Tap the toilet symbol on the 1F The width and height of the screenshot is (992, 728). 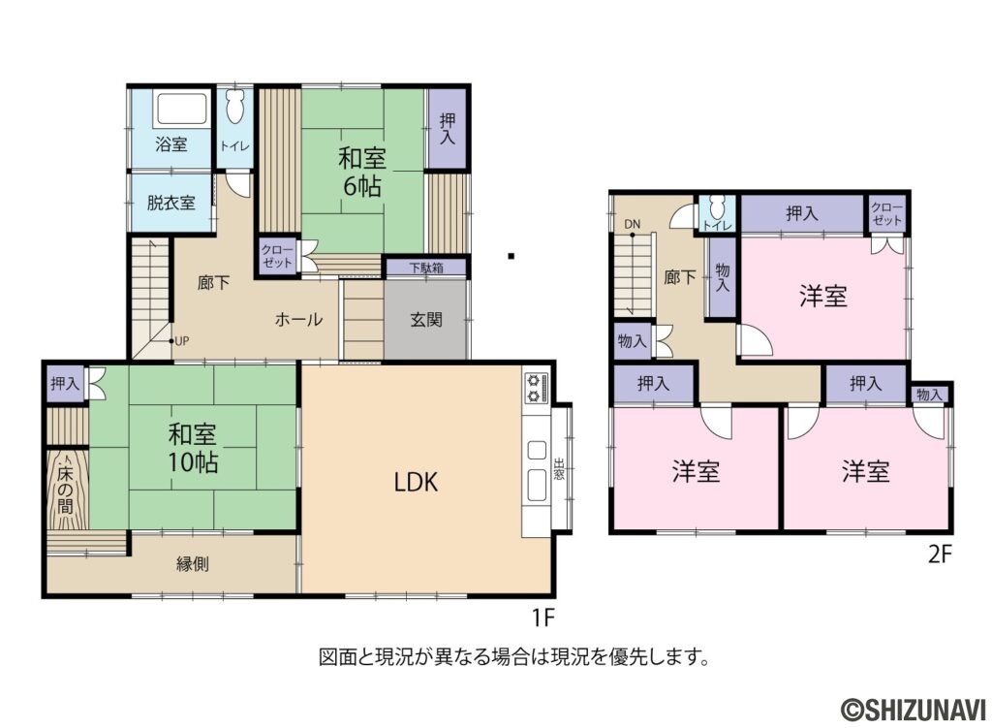pos(234,107)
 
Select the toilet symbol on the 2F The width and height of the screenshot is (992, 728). pos(717,207)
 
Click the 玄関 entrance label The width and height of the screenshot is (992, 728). pos(426,320)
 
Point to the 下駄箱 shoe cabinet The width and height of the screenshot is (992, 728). pos(426,268)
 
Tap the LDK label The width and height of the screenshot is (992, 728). pos(417,483)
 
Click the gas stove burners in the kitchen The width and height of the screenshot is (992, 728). pos(536,388)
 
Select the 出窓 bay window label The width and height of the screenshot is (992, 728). pos(559,468)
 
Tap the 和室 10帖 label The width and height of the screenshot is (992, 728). pos(193,448)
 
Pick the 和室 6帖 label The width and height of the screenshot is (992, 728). pos(362,172)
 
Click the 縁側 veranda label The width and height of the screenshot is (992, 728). pos(193,563)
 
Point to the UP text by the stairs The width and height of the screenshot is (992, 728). pos(181,341)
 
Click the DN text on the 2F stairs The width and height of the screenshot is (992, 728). pos(632,224)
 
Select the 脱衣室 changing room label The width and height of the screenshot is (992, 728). pos(170,203)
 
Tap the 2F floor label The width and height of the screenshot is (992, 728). pos(940,554)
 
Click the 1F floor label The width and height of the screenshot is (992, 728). pos(542,617)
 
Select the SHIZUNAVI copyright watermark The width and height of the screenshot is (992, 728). pos(913,709)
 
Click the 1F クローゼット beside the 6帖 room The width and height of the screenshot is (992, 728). pos(277,257)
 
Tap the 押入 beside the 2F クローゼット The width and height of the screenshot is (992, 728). pos(801,214)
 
